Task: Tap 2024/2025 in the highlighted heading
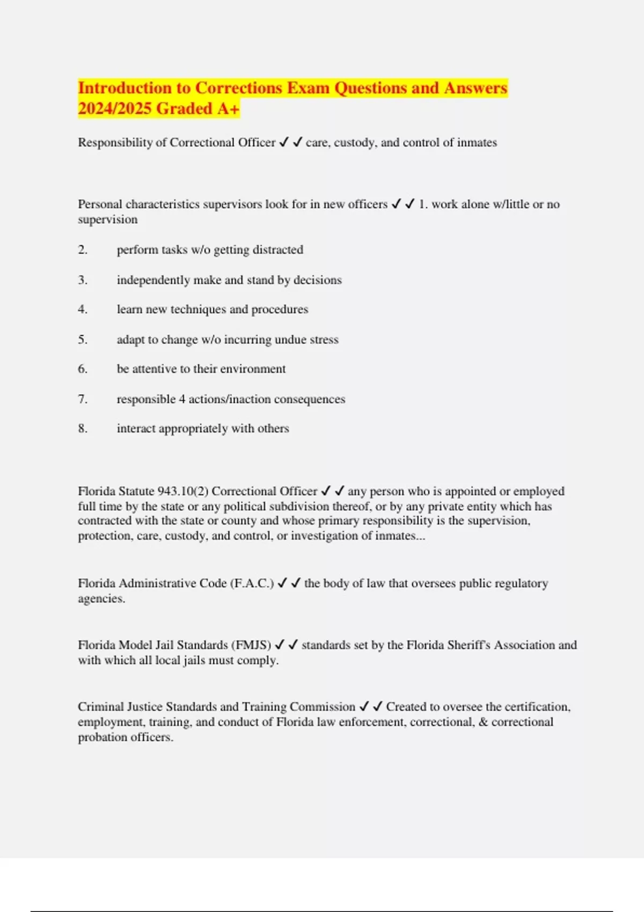click(x=115, y=108)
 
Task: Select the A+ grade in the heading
click(x=228, y=108)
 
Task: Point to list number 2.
click(x=83, y=249)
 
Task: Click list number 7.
click(x=83, y=399)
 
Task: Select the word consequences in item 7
click(x=310, y=399)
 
